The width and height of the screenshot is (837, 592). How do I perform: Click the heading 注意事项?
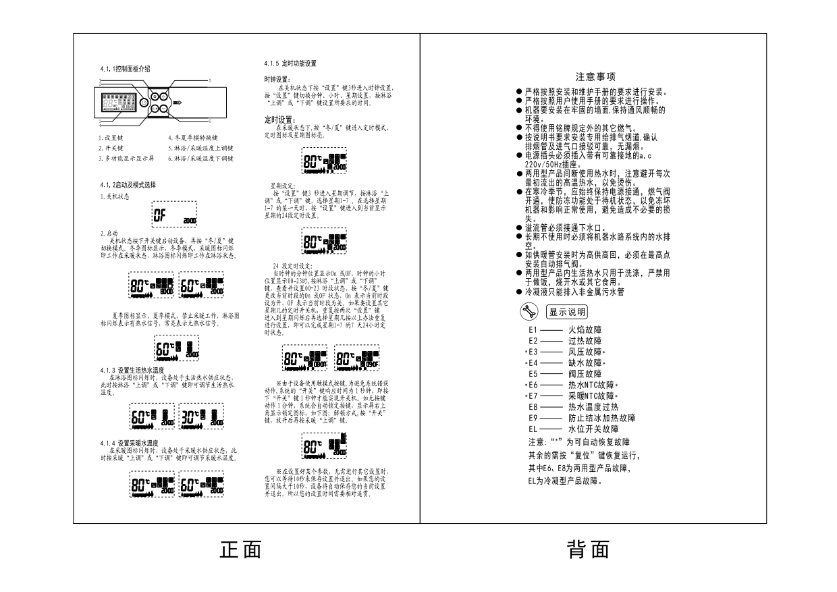tap(595, 78)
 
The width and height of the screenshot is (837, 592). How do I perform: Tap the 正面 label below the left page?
tap(240, 550)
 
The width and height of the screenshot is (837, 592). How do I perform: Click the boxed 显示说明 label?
tap(566, 312)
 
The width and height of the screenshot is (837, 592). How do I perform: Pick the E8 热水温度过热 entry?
tap(574, 407)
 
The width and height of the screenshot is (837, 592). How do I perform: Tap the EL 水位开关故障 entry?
tap(574, 429)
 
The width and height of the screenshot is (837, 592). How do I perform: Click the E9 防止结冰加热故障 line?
tap(582, 418)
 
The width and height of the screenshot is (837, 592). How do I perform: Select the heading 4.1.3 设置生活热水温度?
tap(134, 371)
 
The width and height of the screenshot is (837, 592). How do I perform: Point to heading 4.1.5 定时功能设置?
tap(290, 63)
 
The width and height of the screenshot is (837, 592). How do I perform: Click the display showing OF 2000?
tap(174, 215)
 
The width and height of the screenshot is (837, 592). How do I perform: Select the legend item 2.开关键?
tap(111, 147)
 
